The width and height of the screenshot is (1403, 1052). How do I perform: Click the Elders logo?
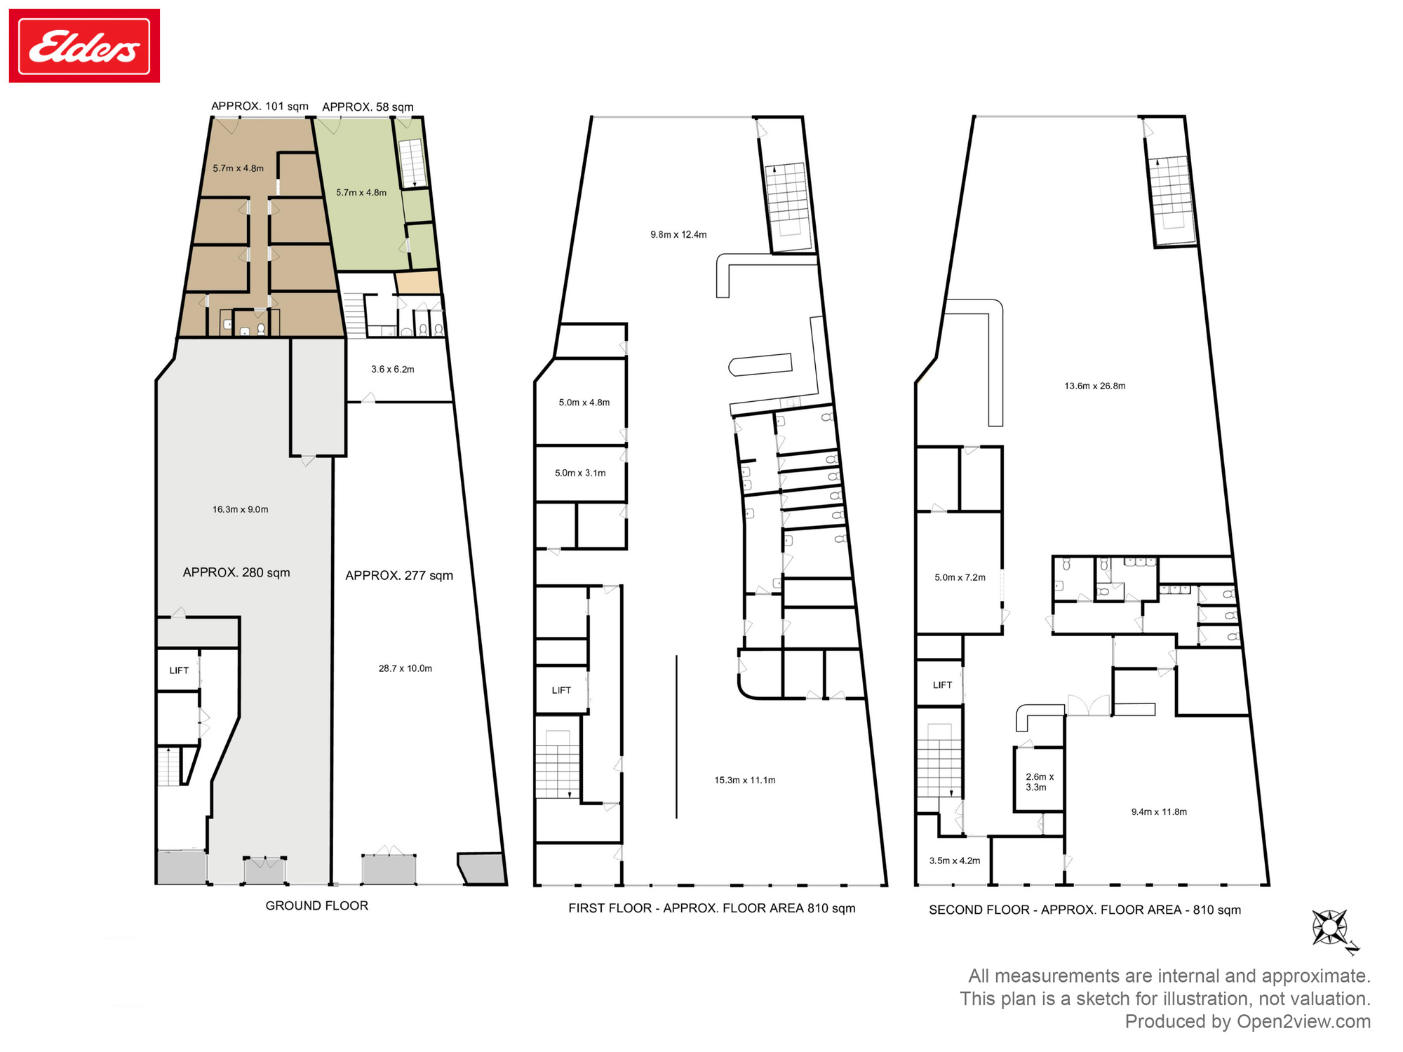(84, 46)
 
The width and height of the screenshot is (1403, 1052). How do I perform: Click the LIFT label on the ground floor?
(179, 670)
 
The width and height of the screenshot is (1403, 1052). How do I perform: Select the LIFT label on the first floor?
(561, 690)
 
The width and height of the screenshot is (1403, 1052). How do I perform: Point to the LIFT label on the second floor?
(942, 685)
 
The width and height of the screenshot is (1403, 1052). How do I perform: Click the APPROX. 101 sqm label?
(260, 106)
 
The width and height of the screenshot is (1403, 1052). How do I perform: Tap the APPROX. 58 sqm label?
(368, 107)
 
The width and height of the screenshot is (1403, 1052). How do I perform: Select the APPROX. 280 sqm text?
(236, 572)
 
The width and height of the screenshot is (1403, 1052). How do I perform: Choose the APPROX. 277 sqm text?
(399, 575)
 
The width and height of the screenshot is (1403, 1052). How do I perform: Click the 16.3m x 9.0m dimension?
(241, 509)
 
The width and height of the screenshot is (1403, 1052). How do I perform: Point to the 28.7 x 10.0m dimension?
(405, 668)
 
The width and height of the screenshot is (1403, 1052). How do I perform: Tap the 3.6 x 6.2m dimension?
(393, 369)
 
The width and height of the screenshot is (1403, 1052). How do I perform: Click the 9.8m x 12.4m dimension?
(678, 234)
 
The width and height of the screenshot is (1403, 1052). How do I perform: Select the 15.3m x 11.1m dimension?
(745, 780)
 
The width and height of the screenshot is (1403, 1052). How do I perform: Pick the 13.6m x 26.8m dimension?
(1095, 386)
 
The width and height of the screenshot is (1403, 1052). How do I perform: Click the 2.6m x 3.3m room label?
(1040, 782)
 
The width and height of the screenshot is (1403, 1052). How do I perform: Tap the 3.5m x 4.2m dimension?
(955, 861)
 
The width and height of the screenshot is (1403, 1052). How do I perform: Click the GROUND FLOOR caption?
(317, 905)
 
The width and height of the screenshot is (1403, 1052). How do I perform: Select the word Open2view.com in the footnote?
(1303, 1021)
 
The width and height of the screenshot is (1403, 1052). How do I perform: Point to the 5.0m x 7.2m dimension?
(960, 577)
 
